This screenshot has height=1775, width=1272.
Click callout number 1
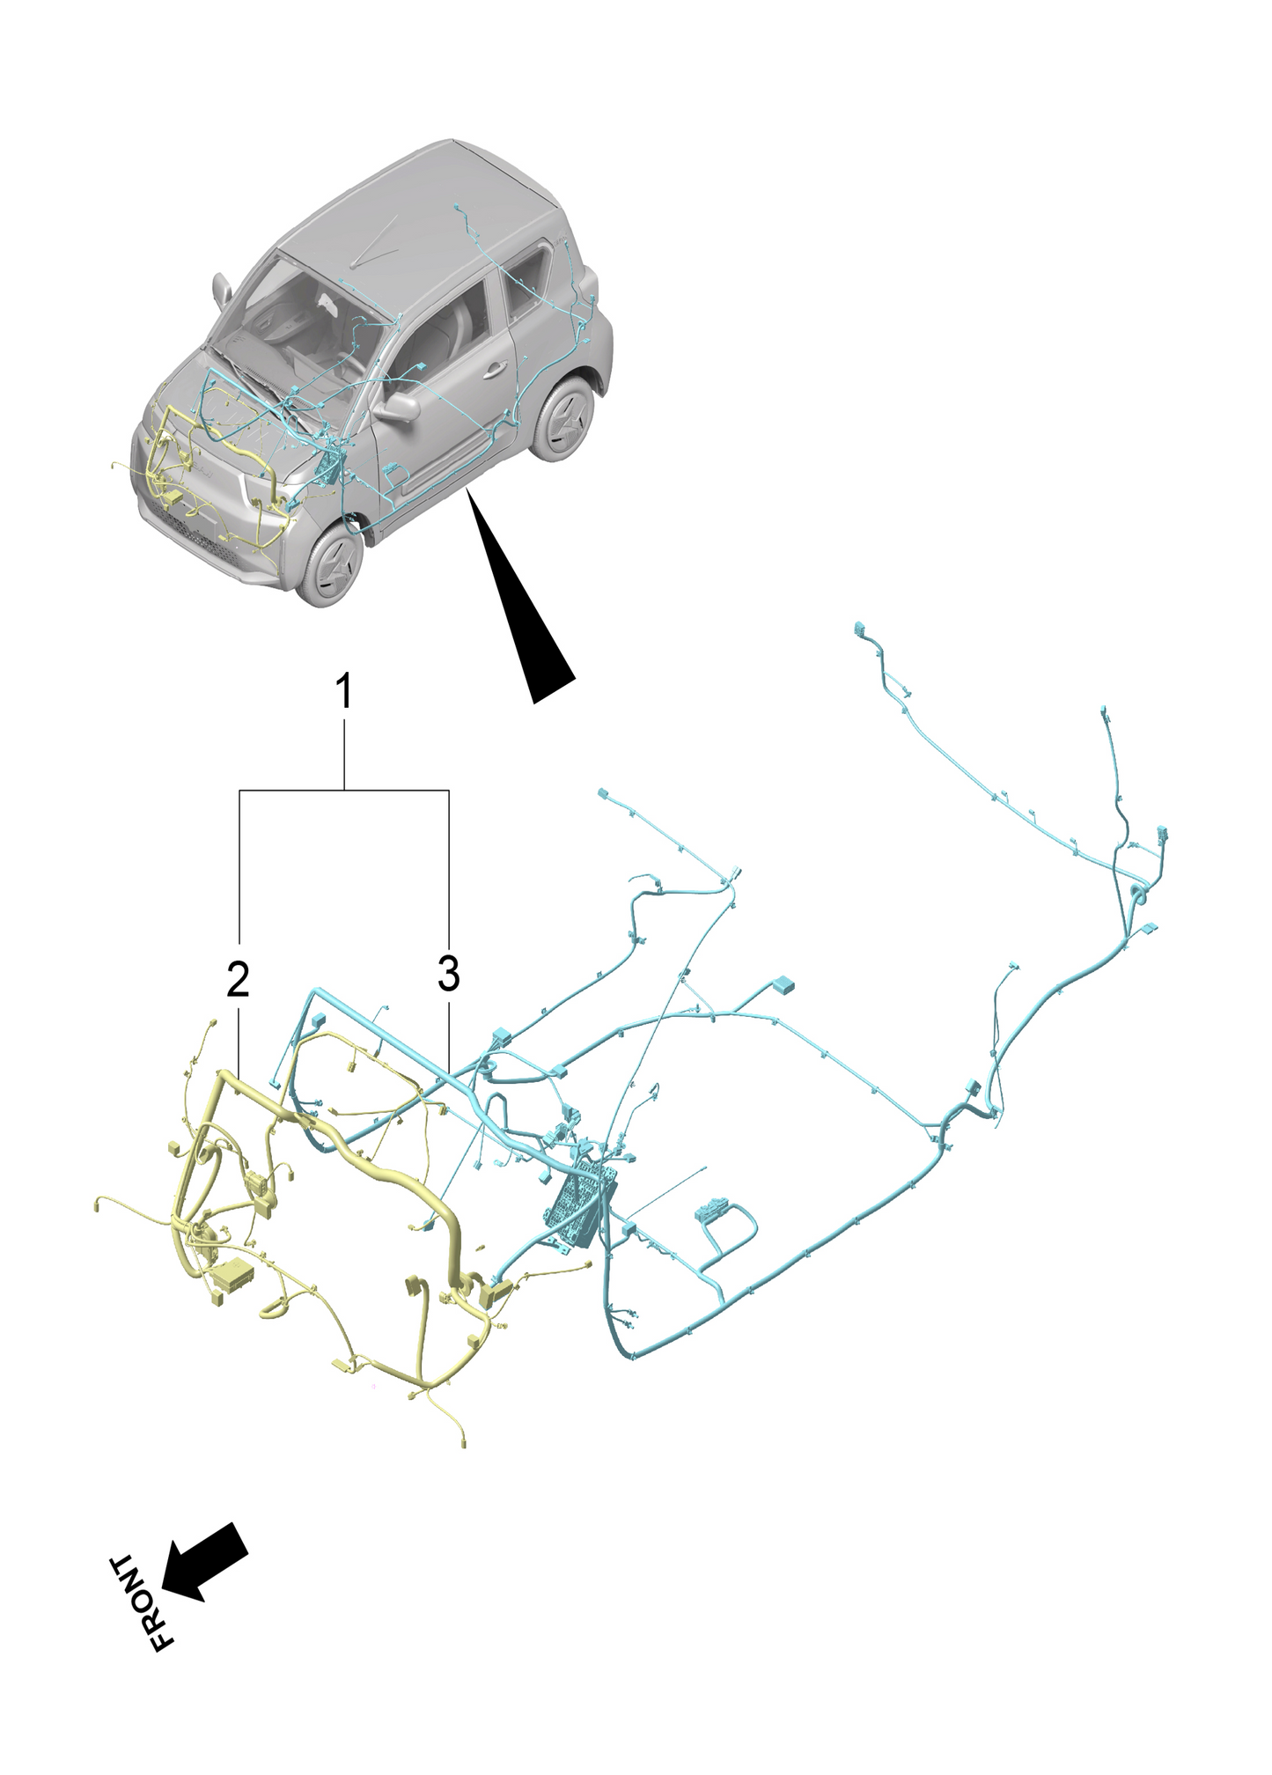[x=344, y=691]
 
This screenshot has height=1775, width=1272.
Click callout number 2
[x=238, y=979]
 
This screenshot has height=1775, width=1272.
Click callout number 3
[x=448, y=974]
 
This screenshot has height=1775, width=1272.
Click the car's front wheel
[x=335, y=564]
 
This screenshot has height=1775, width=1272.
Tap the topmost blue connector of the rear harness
[x=861, y=630]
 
